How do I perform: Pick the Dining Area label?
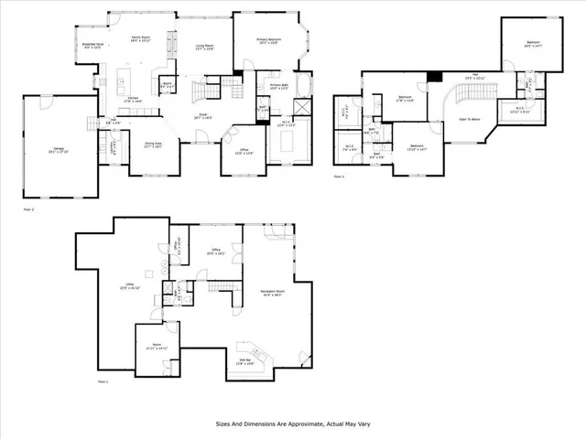pos(152,145)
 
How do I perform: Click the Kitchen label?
pos(132,100)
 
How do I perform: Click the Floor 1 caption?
pos(103,381)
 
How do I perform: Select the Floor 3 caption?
pos(339,176)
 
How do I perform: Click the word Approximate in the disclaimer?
pos(304,424)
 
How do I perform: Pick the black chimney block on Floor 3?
pos(438,75)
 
